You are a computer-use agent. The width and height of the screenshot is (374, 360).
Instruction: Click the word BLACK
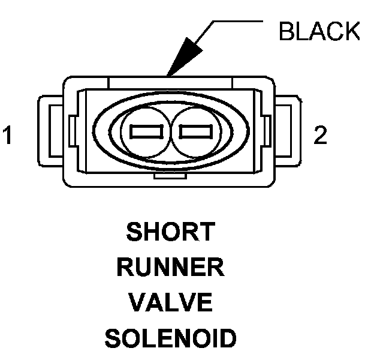pos(319,32)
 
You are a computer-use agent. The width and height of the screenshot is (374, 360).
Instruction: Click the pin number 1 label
pos(8,136)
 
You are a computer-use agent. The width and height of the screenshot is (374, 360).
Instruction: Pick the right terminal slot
pos(192,131)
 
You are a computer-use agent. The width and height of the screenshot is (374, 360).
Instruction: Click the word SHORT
pos(171,232)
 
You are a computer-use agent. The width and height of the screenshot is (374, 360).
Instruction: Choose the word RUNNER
pos(171,268)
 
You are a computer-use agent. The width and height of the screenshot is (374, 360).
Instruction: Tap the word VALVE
pos(171,304)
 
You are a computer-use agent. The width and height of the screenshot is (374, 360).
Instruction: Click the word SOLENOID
pos(171,340)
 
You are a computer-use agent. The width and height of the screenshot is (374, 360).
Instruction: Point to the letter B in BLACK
pos(286,32)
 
